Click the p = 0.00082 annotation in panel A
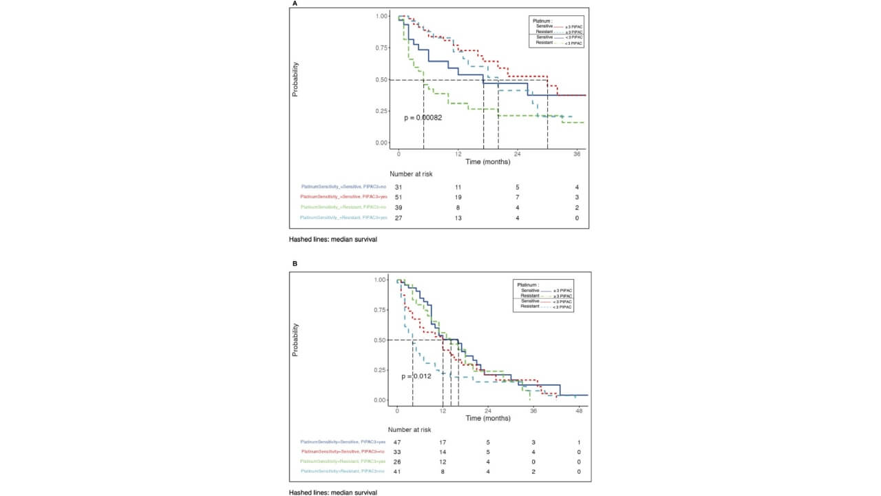[423, 118]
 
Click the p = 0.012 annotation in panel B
[416, 376]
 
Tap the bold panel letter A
[295, 4]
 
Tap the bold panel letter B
[295, 263]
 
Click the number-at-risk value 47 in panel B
[396, 442]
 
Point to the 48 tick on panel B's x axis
[579, 411]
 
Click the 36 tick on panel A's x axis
[576, 155]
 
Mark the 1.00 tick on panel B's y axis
[380, 280]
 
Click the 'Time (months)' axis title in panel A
[487, 162]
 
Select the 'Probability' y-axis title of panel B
[295, 340]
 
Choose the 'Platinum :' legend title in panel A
[540, 21]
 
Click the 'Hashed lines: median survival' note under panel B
[333, 493]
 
